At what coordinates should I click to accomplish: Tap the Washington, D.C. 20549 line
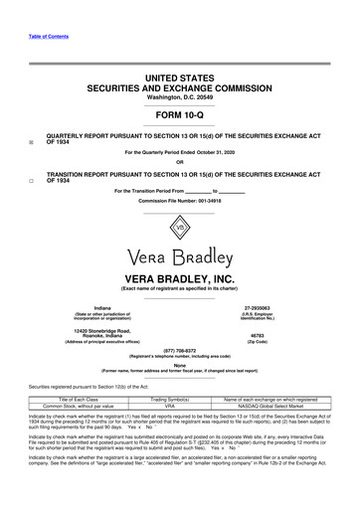point(179,95)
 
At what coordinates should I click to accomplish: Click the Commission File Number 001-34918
point(179,200)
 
